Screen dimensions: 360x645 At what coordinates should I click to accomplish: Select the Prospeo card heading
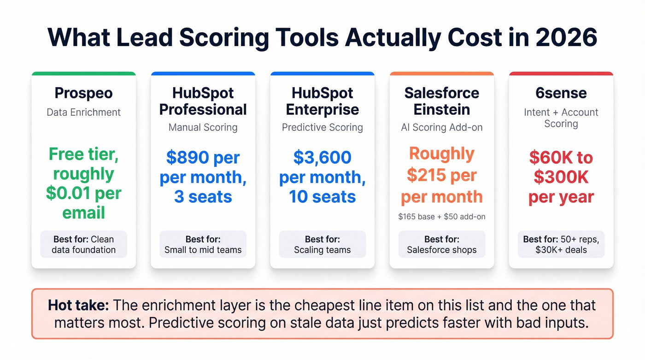(x=83, y=93)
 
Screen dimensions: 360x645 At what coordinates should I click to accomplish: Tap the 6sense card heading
(x=561, y=93)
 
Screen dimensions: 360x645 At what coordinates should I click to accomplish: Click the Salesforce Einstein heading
(x=441, y=101)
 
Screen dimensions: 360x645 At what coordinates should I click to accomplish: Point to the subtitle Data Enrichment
(x=83, y=112)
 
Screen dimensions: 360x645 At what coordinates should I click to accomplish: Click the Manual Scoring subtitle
(x=203, y=127)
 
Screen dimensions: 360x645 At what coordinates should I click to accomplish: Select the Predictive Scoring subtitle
(x=322, y=127)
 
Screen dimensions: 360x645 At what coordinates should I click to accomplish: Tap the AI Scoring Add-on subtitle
(x=441, y=127)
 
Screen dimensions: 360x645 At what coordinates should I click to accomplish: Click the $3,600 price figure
(x=322, y=158)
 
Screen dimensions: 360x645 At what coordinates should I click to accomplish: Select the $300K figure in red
(x=561, y=177)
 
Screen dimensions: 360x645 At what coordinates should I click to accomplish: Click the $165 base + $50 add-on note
(x=441, y=216)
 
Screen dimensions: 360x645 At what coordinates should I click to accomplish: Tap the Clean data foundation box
(x=83, y=244)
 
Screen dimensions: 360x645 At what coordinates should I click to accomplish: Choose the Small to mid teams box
(x=203, y=244)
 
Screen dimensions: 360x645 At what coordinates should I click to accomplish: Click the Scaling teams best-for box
(x=322, y=244)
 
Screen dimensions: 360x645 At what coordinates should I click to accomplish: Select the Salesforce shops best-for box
(x=441, y=244)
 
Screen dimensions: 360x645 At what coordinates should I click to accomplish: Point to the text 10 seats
(x=322, y=197)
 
